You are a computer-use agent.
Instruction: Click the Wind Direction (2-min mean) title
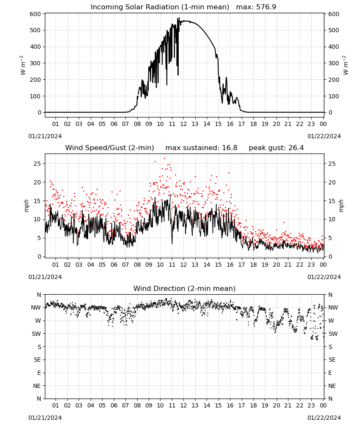[185, 288]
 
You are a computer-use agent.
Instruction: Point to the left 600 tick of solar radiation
[36, 14]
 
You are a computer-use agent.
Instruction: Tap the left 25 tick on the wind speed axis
[37, 164]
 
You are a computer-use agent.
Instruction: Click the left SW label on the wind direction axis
[36, 334]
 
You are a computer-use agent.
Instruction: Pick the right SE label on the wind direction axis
[332, 360]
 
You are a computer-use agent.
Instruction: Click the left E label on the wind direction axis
[39, 373]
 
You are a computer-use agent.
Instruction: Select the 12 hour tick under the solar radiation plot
[183, 124]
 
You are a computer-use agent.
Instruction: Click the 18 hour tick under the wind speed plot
[253, 265]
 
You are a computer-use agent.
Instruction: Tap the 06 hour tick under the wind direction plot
[114, 405]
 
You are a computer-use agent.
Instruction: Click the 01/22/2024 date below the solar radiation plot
[324, 136]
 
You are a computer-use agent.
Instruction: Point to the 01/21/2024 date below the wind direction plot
[45, 418]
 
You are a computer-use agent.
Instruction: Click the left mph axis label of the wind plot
[26, 206]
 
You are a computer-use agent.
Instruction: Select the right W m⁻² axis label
[346, 65]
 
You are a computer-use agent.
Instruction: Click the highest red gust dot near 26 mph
[164, 159]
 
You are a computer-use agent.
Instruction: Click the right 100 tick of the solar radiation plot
[334, 96]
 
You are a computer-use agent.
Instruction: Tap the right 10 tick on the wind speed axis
[332, 219]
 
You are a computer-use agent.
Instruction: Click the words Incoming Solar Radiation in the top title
[135, 7]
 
